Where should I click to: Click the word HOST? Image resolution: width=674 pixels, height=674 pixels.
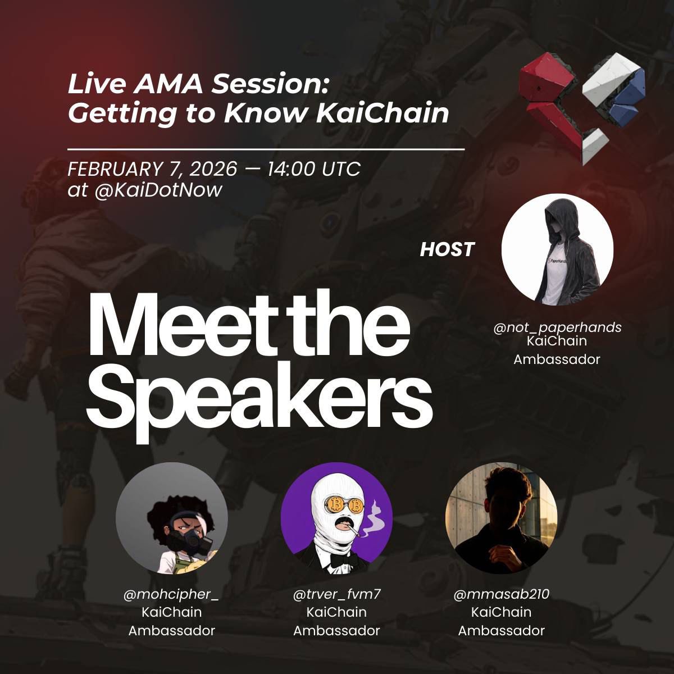(x=447, y=249)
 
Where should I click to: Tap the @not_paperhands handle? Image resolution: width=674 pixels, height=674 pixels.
(x=557, y=327)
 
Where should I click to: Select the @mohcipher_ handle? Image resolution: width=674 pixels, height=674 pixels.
(x=172, y=594)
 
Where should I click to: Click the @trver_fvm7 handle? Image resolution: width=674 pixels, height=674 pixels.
(x=337, y=594)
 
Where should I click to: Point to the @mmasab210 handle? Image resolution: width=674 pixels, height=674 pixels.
(x=502, y=594)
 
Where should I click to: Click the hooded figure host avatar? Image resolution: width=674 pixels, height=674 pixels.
(x=557, y=250)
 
